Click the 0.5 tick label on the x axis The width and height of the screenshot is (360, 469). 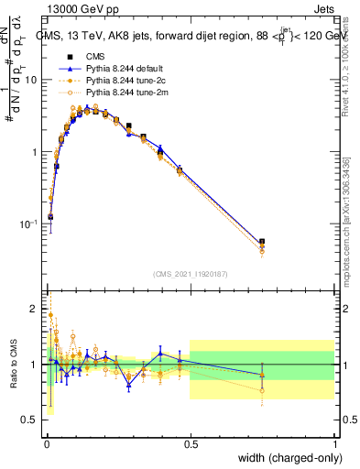[191, 442]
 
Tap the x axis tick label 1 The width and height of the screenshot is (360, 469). [335, 442]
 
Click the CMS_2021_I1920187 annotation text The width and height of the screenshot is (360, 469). [189, 274]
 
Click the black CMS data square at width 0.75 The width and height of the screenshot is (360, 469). [263, 242]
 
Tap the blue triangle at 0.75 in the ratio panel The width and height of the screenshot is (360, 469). [263, 375]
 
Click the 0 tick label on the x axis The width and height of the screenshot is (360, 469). [46, 442]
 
